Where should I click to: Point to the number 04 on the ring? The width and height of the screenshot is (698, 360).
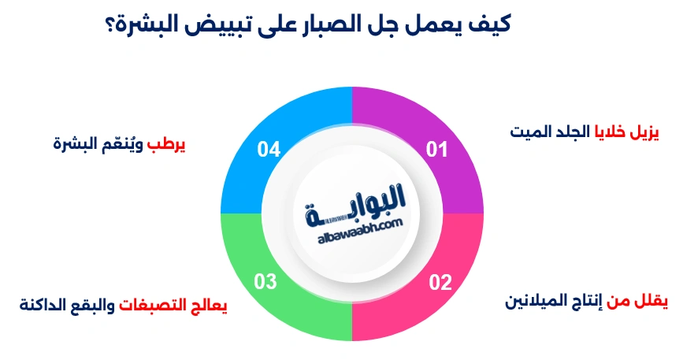click(x=269, y=150)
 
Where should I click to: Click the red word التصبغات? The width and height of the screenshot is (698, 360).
click(x=158, y=306)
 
